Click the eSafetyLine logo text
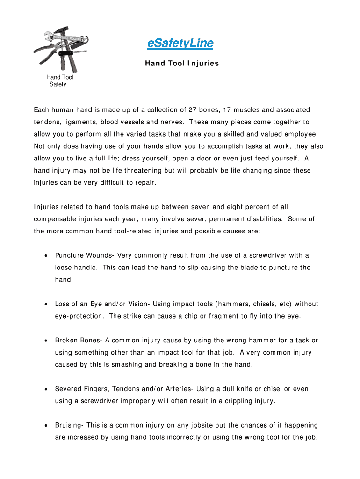pos(180,44)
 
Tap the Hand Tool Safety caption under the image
pos(59,81)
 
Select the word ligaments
pos(86,122)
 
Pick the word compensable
pos(55,219)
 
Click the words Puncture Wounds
pos(84,255)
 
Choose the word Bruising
pos(68,426)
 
